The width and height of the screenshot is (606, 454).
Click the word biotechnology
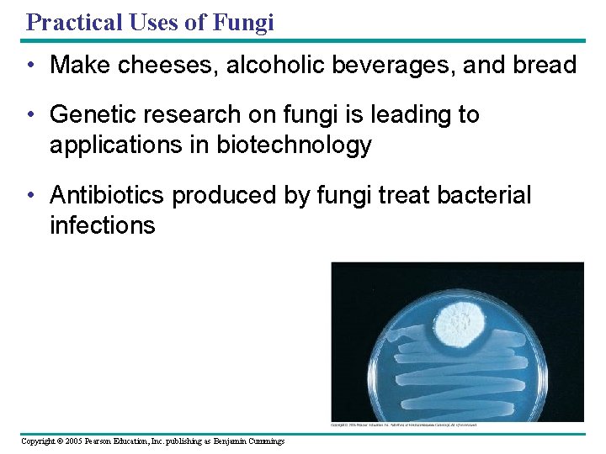tap(294, 145)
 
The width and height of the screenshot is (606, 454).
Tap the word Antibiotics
tap(108, 195)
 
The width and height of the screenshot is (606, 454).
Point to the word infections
tap(103, 225)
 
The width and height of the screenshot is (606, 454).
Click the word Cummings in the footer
tap(263, 441)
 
